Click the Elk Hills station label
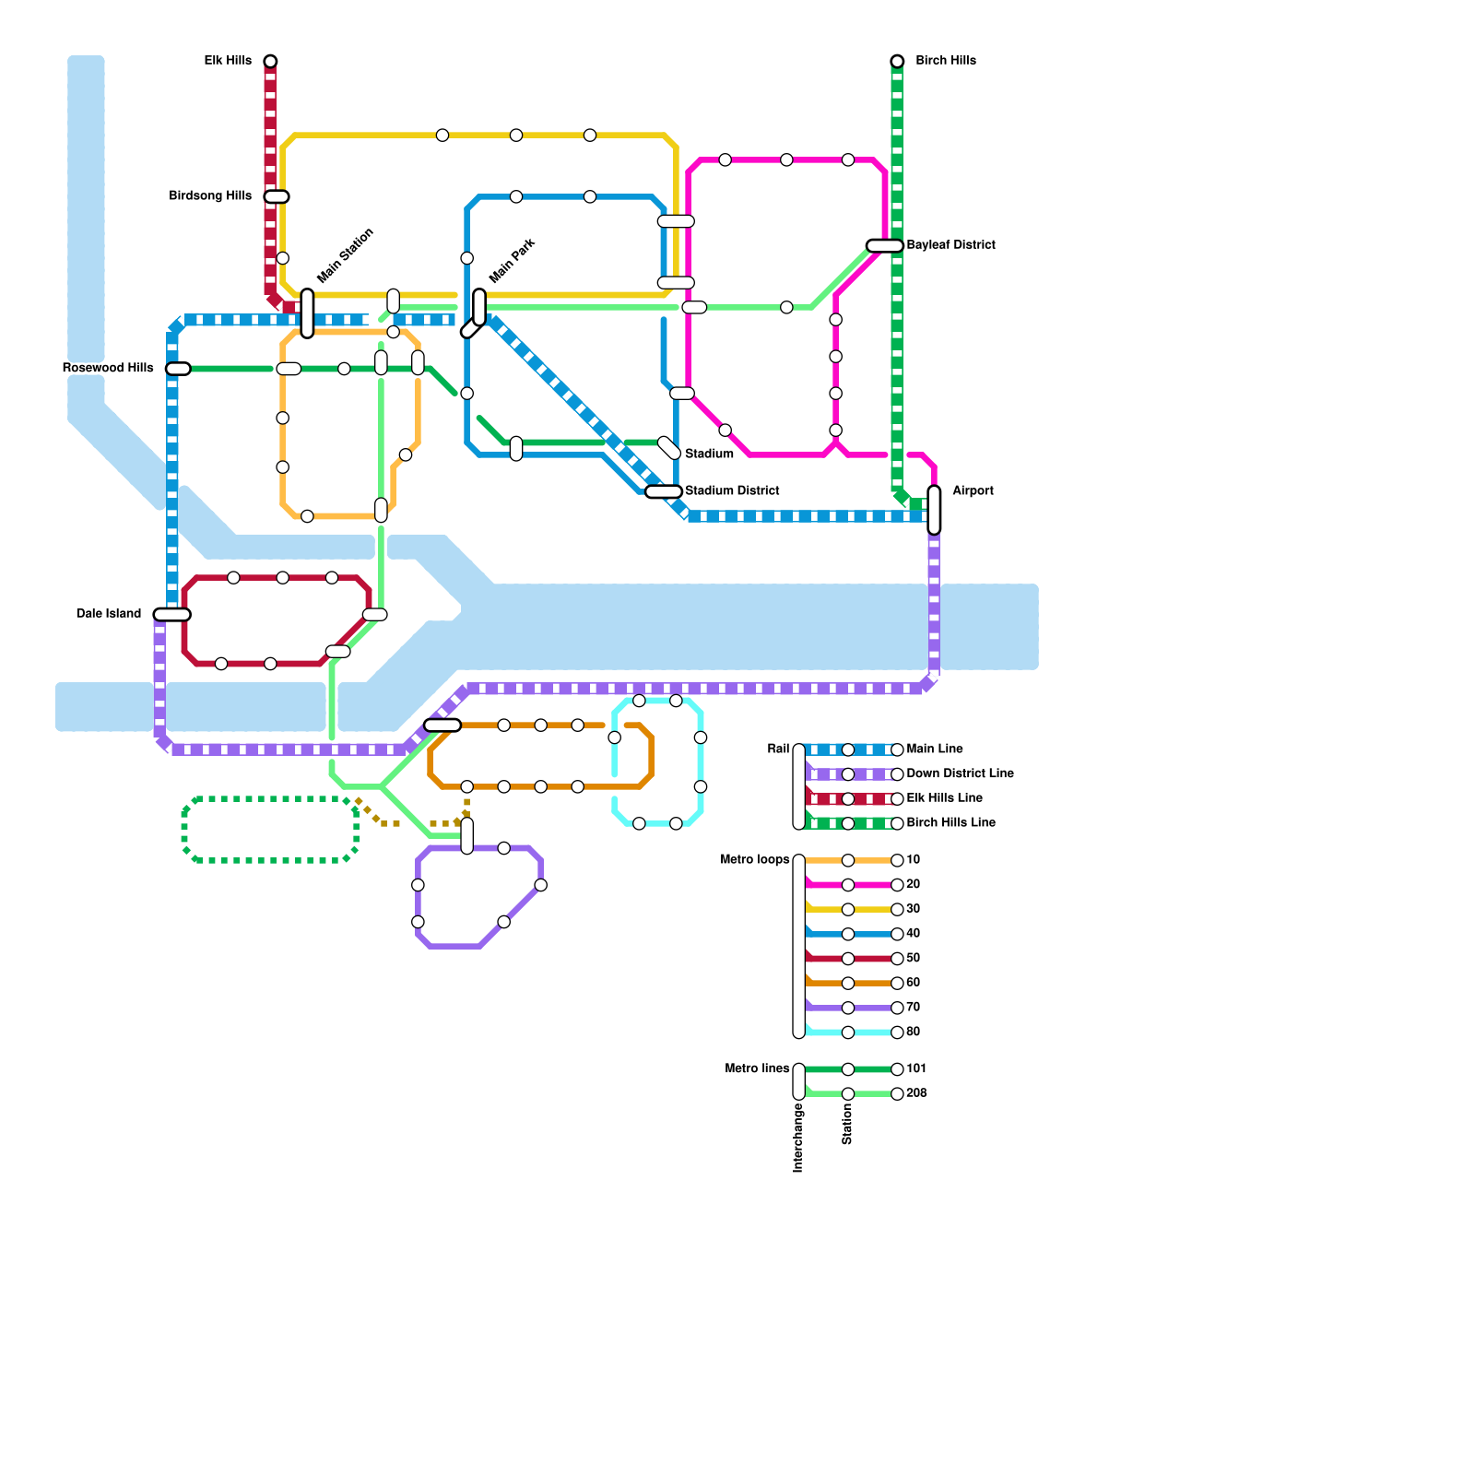tap(227, 61)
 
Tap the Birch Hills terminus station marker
tap(897, 61)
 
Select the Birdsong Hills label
tap(210, 196)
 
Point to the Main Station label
tap(346, 255)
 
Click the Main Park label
tap(512, 261)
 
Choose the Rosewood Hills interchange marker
tap(178, 369)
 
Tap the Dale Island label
tap(109, 614)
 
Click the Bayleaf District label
tap(950, 245)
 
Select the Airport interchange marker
tap(934, 510)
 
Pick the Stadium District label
tap(732, 491)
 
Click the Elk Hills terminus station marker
tap(270, 61)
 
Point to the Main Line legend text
tap(935, 749)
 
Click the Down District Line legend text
tap(960, 773)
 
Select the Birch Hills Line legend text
tap(950, 822)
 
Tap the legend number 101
tap(916, 1069)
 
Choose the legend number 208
tap(916, 1093)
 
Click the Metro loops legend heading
tap(754, 860)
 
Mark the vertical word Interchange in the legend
tap(798, 1138)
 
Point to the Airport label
tap(973, 491)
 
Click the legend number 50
tap(914, 959)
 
